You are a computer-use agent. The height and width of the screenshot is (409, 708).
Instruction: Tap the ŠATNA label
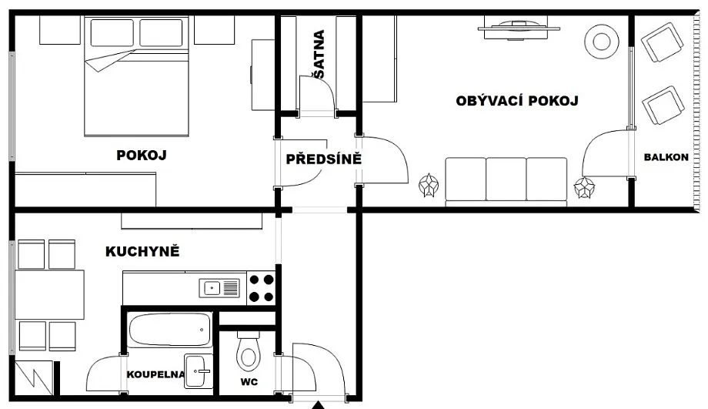pos(319,55)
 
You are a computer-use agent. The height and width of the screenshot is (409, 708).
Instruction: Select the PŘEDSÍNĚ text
pos(324,159)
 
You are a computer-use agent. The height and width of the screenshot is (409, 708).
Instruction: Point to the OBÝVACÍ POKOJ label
pos(517,100)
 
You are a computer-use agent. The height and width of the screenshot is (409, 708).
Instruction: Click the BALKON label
pos(666,157)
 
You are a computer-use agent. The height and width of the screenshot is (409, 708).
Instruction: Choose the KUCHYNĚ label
pos(142,251)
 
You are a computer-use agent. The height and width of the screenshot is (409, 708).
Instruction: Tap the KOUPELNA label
pos(155,374)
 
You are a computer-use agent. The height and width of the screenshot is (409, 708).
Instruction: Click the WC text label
pos(249,382)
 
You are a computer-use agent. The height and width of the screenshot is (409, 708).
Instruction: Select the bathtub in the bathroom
pos(170,330)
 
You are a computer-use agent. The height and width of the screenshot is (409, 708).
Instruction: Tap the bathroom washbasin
pos(199,371)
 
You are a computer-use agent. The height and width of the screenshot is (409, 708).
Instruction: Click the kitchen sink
pos(219,288)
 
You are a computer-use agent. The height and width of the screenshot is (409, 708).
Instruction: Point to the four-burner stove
pos(261,288)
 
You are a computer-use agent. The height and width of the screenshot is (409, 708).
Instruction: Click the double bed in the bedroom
pos(136,76)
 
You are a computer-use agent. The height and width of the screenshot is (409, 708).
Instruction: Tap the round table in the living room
pos(601,42)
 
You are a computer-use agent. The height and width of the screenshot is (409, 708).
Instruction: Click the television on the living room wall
pos(519,28)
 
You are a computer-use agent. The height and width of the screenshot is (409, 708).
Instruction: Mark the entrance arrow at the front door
pos(319,405)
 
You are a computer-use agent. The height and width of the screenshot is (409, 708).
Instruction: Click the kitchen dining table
pos(50,295)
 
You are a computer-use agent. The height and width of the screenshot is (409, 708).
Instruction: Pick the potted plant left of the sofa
pos(428,186)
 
